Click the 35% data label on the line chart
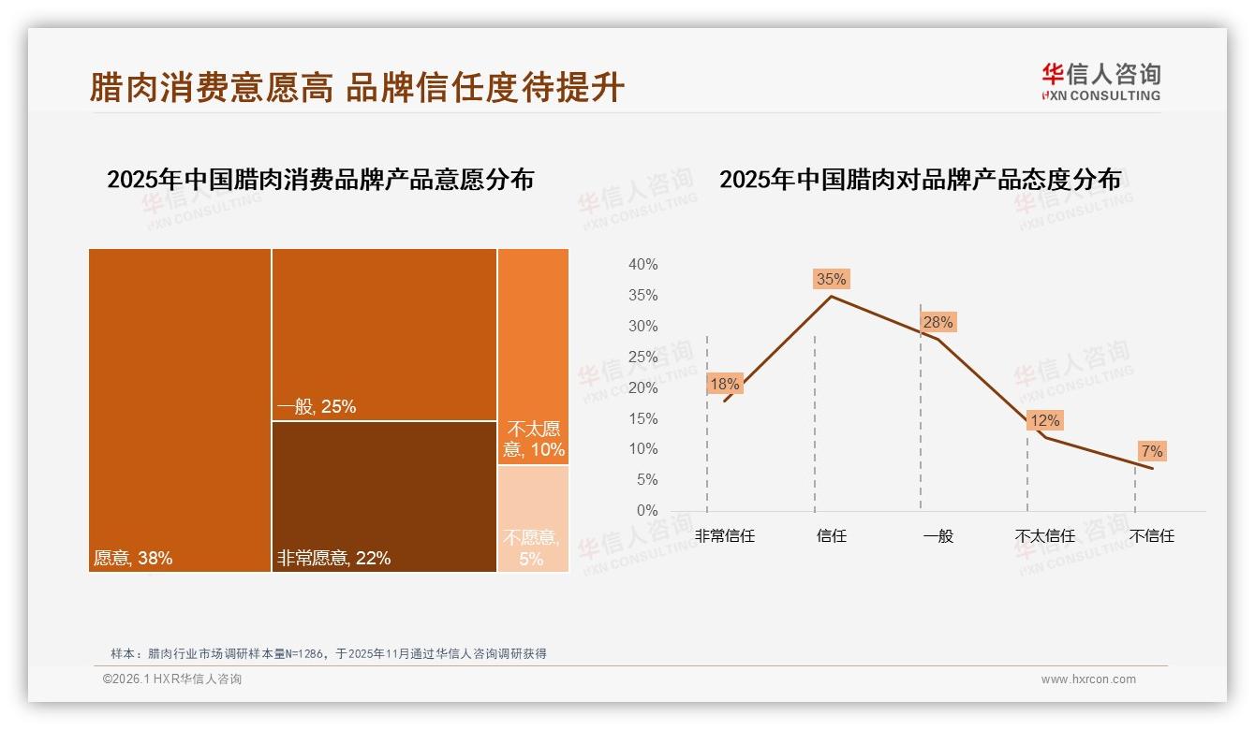[831, 279]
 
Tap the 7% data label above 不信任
[1152, 452]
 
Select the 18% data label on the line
[724, 384]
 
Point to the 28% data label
[938, 323]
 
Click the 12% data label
[1044, 421]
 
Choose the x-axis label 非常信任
[724, 536]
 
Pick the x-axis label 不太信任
[1044, 536]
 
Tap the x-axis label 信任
[831, 536]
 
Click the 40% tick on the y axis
[642, 265]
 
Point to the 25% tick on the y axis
[642, 357]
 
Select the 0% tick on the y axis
[646, 511]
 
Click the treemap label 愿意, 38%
[133, 559]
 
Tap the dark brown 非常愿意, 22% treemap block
[384, 496]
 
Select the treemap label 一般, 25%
[317, 407]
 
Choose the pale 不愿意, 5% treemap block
[533, 519]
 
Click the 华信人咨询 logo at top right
[1100, 81]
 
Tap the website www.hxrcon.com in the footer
[1088, 679]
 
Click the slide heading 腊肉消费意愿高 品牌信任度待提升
[357, 88]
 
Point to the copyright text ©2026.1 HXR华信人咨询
[172, 679]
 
